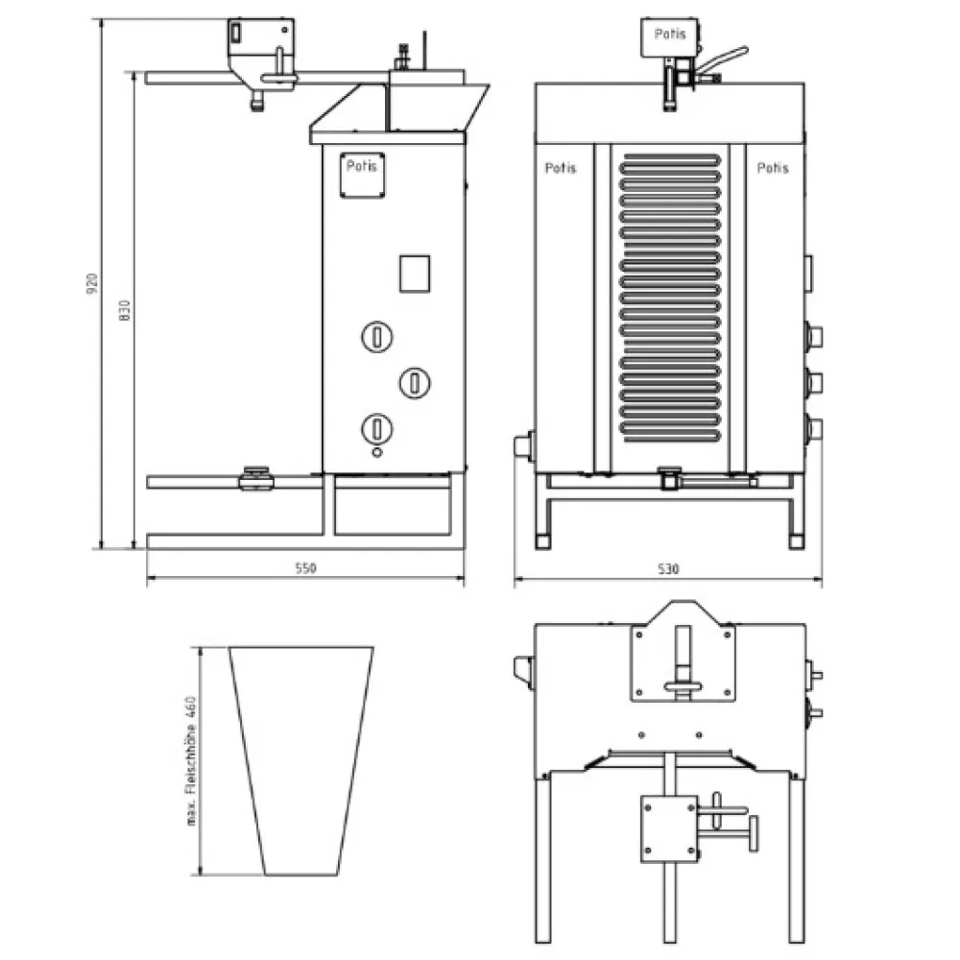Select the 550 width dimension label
(304, 568)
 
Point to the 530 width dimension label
(668, 569)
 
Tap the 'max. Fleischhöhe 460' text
(192, 760)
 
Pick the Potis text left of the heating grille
(561, 168)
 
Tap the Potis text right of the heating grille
(773, 168)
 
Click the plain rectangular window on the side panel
(415, 273)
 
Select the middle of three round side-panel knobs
(414, 383)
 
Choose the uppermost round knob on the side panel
(376, 337)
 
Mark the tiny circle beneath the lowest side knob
(377, 451)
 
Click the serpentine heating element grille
(669, 298)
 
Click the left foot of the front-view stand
(543, 540)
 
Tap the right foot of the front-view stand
(795, 540)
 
